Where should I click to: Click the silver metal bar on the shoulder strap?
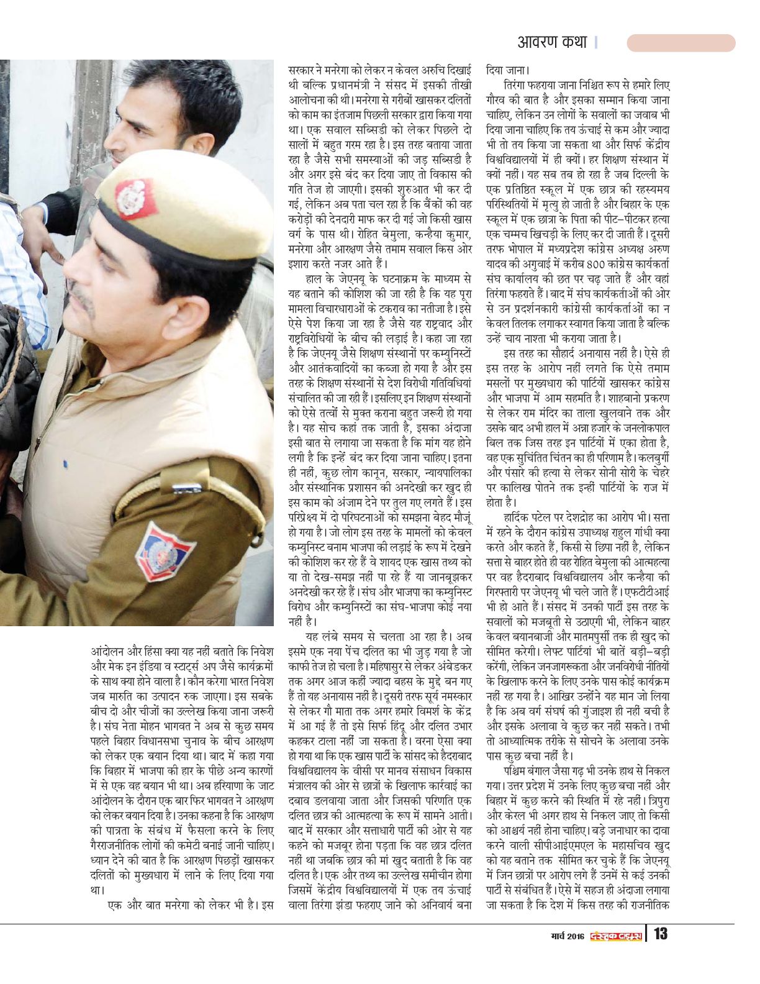[x=179, y=490]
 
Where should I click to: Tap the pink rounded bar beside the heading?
[x=681, y=43]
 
